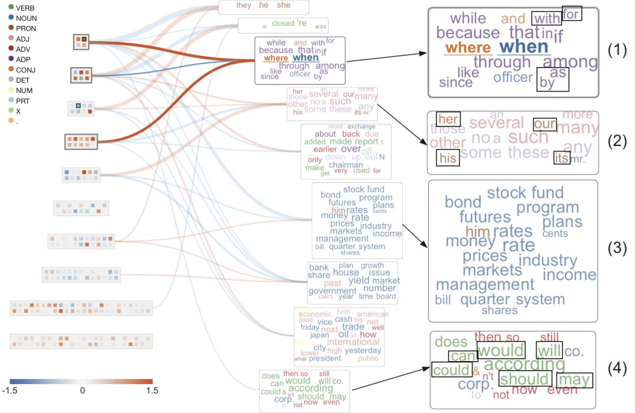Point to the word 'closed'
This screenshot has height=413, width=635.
coord(283,24)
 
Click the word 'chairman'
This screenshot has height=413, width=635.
coord(346,165)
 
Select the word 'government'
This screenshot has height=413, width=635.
coord(332,291)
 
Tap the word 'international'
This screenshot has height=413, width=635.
coord(353,342)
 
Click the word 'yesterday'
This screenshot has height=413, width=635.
coord(363,351)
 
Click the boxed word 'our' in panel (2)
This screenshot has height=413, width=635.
coord(544,125)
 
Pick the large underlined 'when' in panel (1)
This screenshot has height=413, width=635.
coord(523,46)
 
